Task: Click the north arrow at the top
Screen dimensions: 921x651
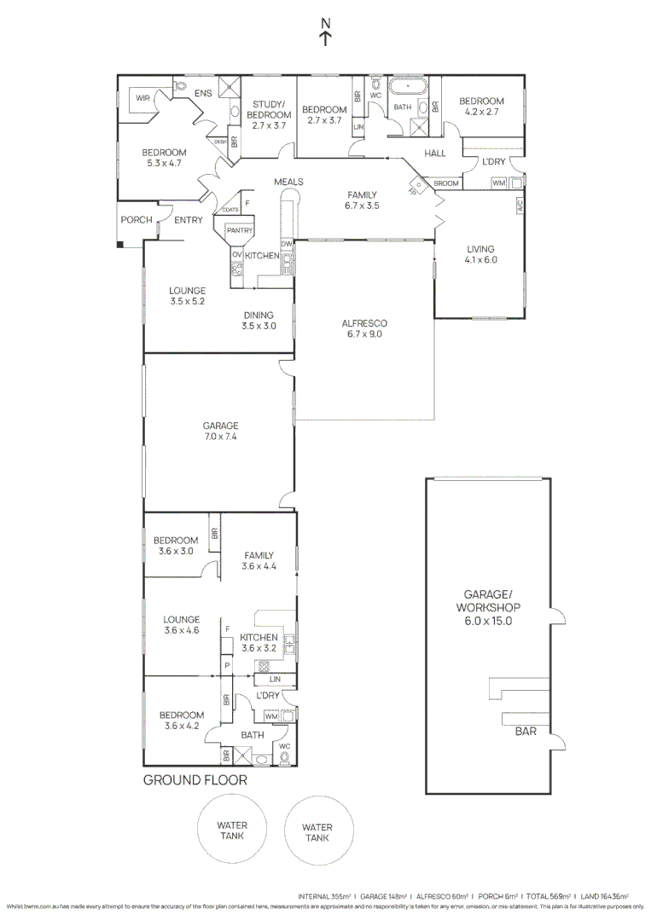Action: click(x=325, y=31)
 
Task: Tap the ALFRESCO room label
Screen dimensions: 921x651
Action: click(x=364, y=329)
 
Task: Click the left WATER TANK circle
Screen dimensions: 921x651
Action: click(x=231, y=831)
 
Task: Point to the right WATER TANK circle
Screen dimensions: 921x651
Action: click(x=317, y=832)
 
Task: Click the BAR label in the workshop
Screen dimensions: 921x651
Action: click(x=526, y=731)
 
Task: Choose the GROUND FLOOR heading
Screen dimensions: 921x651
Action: click(x=195, y=780)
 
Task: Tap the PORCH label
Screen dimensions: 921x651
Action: click(x=136, y=220)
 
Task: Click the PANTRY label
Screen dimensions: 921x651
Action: click(x=240, y=229)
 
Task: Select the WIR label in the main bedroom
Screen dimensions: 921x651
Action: click(x=142, y=99)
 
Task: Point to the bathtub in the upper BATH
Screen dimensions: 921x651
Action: click(x=410, y=87)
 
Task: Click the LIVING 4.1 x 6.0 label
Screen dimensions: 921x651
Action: click(x=480, y=255)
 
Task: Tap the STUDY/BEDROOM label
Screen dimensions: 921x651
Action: click(x=268, y=113)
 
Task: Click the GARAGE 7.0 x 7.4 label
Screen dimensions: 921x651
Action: click(x=220, y=431)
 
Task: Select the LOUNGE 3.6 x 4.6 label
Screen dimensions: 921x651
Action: click(x=182, y=625)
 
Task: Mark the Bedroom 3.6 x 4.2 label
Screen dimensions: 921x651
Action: click(x=182, y=721)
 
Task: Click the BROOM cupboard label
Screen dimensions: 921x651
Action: click(x=446, y=183)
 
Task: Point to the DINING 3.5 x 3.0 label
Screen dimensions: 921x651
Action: click(x=259, y=320)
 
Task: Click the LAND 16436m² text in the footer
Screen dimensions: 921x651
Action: click(x=604, y=896)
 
